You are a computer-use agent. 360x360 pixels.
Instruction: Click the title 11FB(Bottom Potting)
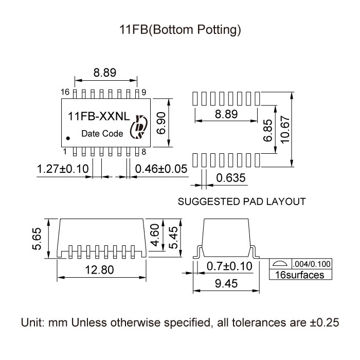pyautogui.click(x=180, y=30)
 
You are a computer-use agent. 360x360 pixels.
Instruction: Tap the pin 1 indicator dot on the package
pyautogui.click(x=68, y=138)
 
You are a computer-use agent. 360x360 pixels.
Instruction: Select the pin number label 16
pyautogui.click(x=65, y=92)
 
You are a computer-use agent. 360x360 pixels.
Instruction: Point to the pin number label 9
pyautogui.click(x=143, y=92)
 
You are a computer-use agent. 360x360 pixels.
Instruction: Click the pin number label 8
pyautogui.click(x=143, y=152)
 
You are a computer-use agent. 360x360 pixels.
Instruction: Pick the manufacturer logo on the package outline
pyautogui.click(x=138, y=127)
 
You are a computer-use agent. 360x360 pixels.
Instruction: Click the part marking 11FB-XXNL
pyautogui.click(x=99, y=116)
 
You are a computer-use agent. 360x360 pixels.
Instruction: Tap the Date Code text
pyautogui.click(x=102, y=133)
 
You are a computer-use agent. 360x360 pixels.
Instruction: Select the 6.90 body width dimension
pyautogui.click(x=161, y=123)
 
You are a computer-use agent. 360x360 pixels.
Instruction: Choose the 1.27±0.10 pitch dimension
pyautogui.click(x=63, y=169)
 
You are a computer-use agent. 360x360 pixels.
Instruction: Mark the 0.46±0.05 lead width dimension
pyautogui.click(x=161, y=169)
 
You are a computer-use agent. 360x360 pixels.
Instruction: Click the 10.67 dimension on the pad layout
pyautogui.click(x=285, y=130)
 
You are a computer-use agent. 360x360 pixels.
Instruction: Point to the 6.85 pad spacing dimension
pyautogui.click(x=268, y=130)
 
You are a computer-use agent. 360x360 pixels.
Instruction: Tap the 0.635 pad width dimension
pyautogui.click(x=231, y=178)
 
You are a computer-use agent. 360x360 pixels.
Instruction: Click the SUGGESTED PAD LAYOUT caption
pyautogui.click(x=242, y=202)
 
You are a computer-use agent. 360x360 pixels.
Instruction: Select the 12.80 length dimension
pyautogui.click(x=99, y=270)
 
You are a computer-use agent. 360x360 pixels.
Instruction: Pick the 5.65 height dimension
pyautogui.click(x=37, y=239)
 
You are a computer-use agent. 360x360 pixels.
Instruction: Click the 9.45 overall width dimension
pyautogui.click(x=226, y=283)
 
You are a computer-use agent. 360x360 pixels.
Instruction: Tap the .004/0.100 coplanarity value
pyautogui.click(x=312, y=264)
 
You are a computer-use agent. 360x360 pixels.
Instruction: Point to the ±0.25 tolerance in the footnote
pyautogui.click(x=324, y=322)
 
